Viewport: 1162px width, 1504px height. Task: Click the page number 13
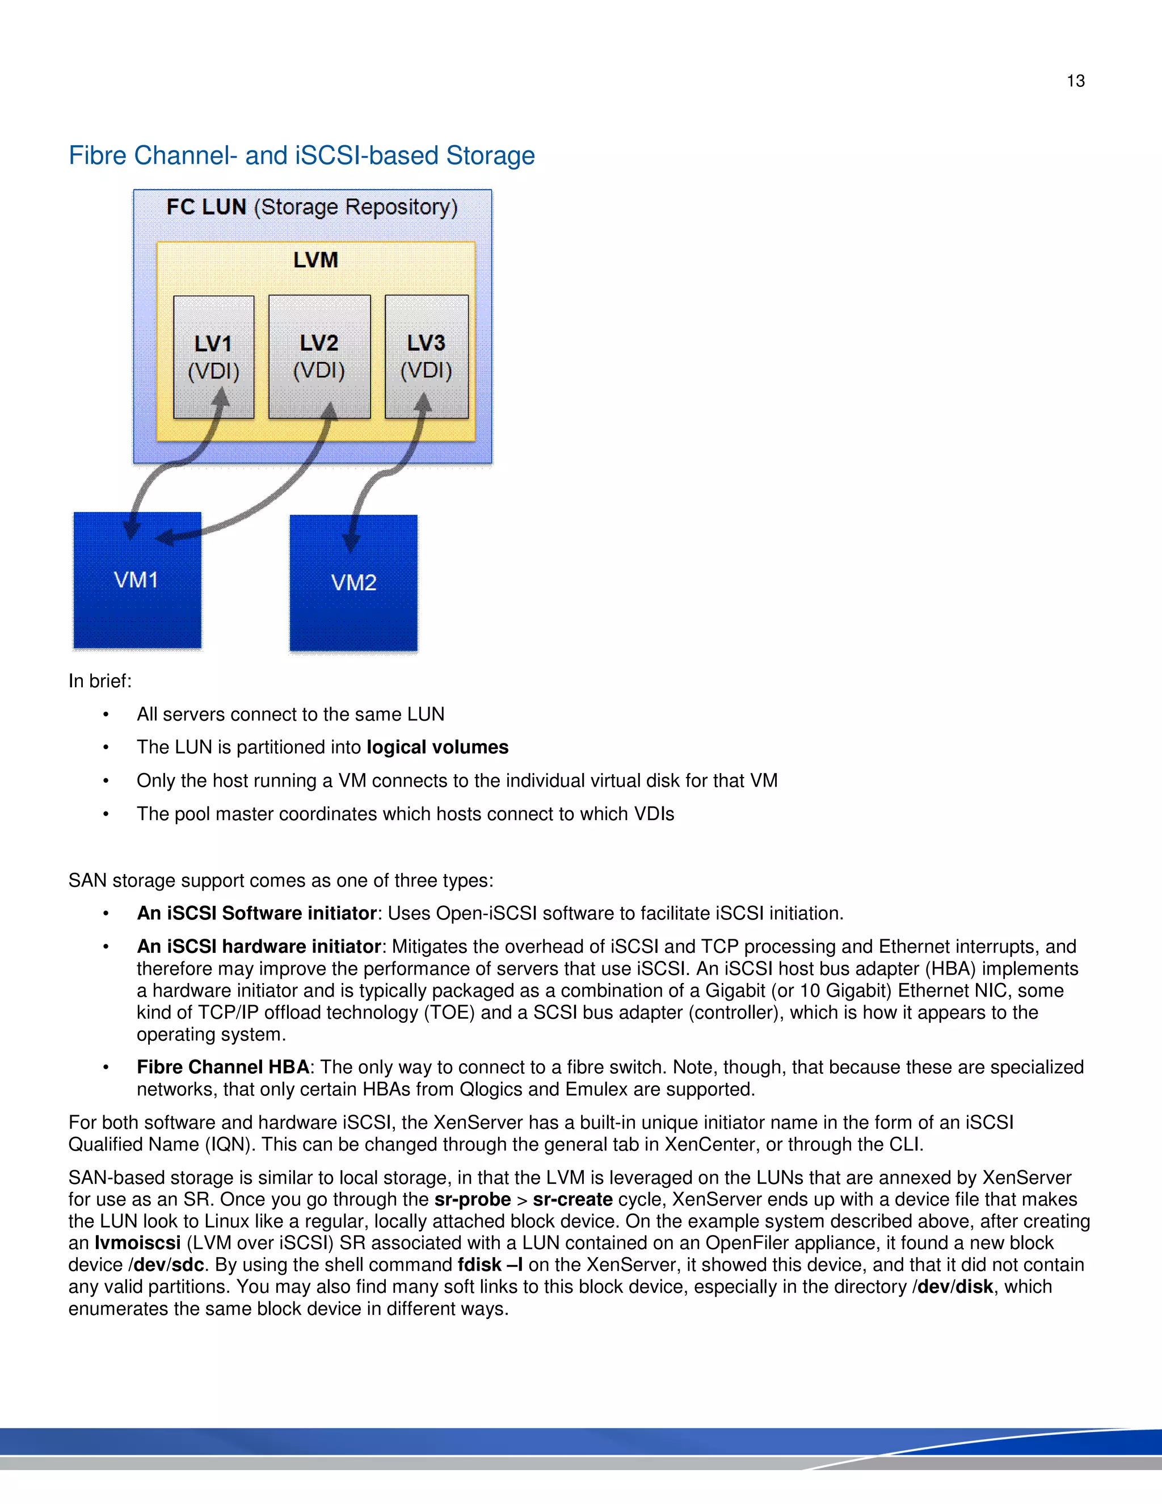1075,81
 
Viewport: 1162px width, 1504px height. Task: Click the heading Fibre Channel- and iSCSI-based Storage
301,156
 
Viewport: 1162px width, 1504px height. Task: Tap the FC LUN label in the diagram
206,207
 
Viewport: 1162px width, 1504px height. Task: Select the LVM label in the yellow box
315,261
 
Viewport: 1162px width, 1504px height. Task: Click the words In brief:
100,681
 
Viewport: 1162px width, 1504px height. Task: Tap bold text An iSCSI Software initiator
256,913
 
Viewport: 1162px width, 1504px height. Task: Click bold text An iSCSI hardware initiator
258,946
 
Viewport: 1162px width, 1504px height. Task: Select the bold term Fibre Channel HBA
223,1067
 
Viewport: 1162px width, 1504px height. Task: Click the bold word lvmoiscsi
138,1243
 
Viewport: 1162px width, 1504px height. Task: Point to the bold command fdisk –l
490,1265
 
